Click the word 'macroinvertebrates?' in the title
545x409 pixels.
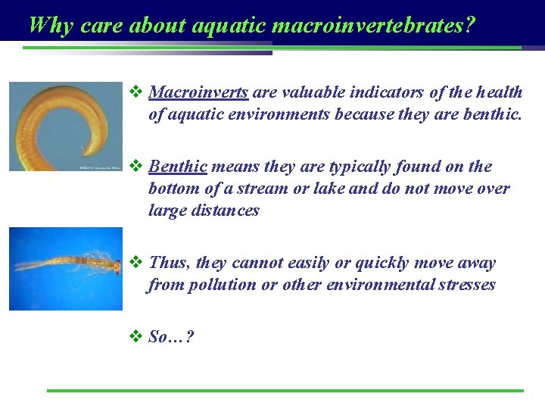click(373, 25)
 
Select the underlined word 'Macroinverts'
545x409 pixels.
click(198, 92)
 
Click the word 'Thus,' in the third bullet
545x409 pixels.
click(170, 263)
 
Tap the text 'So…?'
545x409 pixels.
click(171, 337)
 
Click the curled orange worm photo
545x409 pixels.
click(65, 125)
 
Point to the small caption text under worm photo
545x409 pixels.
click(98, 167)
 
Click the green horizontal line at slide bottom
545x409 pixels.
click(285, 391)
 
